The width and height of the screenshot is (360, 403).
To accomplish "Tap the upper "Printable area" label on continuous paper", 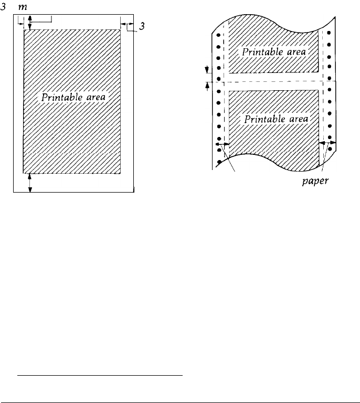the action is click(x=273, y=52).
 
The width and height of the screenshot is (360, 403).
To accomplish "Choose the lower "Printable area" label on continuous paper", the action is click(x=277, y=120).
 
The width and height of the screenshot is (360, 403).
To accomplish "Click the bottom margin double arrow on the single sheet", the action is click(x=30, y=182).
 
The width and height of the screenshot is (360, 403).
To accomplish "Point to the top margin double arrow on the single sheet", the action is click(x=30, y=22).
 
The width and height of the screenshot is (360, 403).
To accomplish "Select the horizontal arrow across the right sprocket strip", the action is click(x=329, y=142).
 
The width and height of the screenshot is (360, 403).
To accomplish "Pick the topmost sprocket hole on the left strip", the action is click(x=218, y=35).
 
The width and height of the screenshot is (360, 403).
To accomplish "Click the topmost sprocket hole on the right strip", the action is click(x=329, y=33).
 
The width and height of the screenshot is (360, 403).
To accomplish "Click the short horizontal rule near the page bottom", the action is click(x=100, y=376).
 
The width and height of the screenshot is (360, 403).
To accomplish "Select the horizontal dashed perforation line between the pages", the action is click(x=273, y=81).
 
